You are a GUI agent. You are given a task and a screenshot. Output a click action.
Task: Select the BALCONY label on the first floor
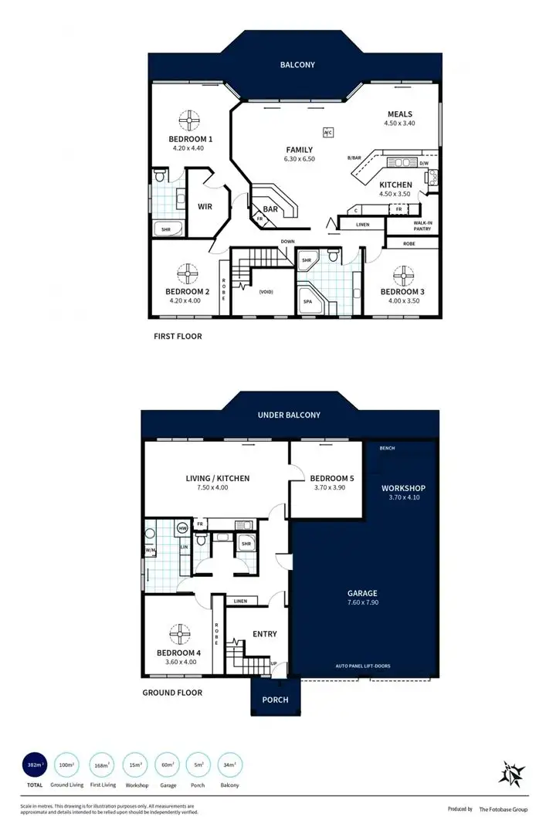pyautogui.click(x=297, y=66)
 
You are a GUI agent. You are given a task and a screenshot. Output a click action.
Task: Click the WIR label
pyautogui.click(x=205, y=206)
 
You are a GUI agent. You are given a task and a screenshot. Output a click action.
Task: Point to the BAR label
pyautogui.click(x=270, y=208)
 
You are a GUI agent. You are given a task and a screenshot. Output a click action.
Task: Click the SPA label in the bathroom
pyautogui.click(x=307, y=301)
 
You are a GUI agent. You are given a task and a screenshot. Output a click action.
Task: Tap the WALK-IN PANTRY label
pyautogui.click(x=421, y=225)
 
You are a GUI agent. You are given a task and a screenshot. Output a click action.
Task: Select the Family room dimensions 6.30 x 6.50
pyautogui.click(x=299, y=159)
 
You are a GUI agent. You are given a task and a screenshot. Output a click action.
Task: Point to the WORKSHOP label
pyautogui.click(x=403, y=488)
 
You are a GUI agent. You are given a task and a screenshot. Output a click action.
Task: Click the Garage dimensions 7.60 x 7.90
pyautogui.click(x=362, y=602)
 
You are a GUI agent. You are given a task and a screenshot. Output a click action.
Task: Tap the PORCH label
pyautogui.click(x=275, y=700)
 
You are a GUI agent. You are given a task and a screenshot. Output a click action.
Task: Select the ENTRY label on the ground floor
pyautogui.click(x=265, y=634)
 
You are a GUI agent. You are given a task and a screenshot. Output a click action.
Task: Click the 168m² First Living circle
pyautogui.click(x=103, y=764)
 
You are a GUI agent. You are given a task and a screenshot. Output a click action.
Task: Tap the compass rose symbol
pyautogui.click(x=512, y=772)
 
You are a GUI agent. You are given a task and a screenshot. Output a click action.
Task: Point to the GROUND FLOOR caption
pyautogui.click(x=172, y=693)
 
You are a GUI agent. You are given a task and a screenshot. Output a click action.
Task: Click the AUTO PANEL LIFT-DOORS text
pyautogui.click(x=362, y=665)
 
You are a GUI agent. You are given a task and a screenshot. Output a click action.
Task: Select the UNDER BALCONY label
pyautogui.click(x=289, y=415)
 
